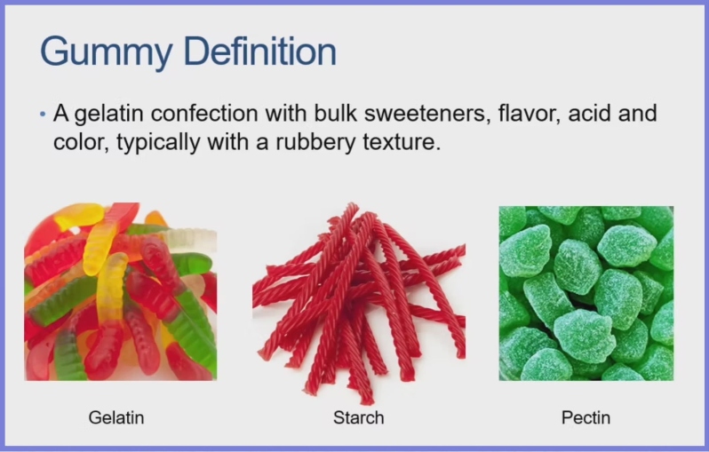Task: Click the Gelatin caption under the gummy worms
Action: [x=116, y=416]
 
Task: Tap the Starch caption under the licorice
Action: [x=359, y=416]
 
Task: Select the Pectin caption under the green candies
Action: [x=586, y=416]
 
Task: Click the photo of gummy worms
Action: [x=120, y=292]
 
